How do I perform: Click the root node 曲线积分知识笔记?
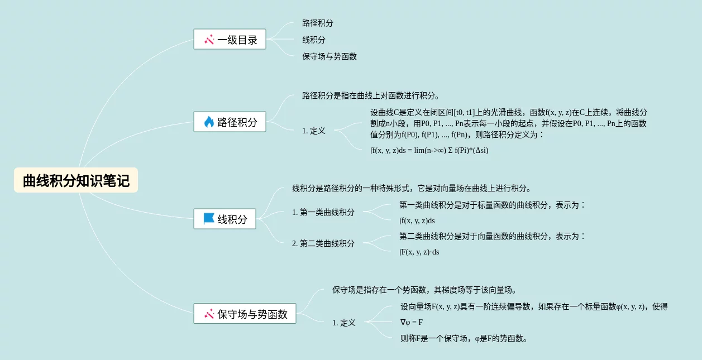[76, 181]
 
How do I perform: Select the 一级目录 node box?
[230, 40]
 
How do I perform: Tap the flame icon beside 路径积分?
[209, 122]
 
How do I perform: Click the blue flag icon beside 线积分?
[209, 219]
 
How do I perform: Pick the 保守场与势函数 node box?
[245, 314]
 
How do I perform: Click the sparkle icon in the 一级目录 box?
[209, 40]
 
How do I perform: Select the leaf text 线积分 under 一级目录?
[314, 40]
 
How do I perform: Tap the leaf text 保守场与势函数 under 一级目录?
[329, 56]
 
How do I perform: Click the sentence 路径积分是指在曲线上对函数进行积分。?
[371, 95]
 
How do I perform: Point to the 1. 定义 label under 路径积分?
[313, 131]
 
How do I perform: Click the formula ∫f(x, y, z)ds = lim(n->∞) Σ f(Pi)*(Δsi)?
[429, 150]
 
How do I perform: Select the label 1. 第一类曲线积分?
[323, 212]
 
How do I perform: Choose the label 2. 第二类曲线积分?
[323, 243]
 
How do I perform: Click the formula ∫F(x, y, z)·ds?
[419, 252]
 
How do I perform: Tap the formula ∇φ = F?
[411, 322]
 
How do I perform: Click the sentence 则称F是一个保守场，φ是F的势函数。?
[464, 338]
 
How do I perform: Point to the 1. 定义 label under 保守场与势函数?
[343, 323]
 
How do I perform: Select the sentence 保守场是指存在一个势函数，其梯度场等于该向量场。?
[424, 290]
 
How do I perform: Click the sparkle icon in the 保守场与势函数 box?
[209, 314]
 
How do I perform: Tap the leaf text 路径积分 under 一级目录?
[318, 23]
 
